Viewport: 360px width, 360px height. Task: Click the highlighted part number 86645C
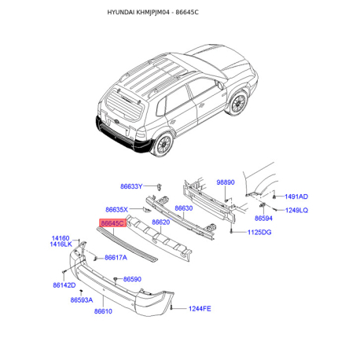point(112,223)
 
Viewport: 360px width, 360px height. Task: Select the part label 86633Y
point(131,186)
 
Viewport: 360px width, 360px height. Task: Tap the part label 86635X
point(116,210)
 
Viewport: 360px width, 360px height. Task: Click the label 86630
point(184,208)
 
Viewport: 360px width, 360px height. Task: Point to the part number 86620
point(161,222)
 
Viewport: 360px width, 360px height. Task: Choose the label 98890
point(226,182)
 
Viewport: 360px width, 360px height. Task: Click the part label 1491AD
point(296,197)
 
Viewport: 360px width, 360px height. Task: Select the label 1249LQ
point(296,210)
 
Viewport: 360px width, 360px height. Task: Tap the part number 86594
point(263,219)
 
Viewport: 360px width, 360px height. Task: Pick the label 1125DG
point(259,232)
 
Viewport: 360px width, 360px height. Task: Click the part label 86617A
point(116,258)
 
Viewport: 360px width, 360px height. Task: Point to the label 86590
point(132,279)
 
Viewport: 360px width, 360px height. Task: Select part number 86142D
point(64,285)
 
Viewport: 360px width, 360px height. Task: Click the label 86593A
point(82,300)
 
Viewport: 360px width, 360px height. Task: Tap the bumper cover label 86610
point(103,311)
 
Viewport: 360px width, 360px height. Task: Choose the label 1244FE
point(200,309)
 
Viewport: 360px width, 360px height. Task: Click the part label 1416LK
point(61,244)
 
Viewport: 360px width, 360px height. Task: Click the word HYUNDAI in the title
point(121,13)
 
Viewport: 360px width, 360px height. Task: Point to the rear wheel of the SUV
point(164,145)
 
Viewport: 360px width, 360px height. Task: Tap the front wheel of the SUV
point(238,103)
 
